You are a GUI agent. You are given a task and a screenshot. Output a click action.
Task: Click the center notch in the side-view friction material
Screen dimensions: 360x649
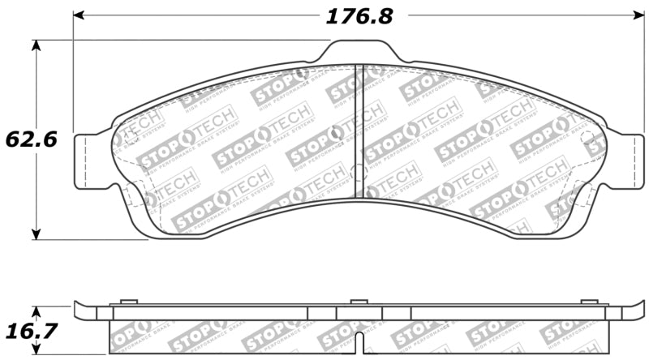[359, 335]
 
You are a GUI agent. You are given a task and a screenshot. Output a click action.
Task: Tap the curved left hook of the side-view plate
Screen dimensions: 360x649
[80, 309]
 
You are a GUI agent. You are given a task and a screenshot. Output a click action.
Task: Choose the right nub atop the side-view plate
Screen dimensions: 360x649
[591, 302]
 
